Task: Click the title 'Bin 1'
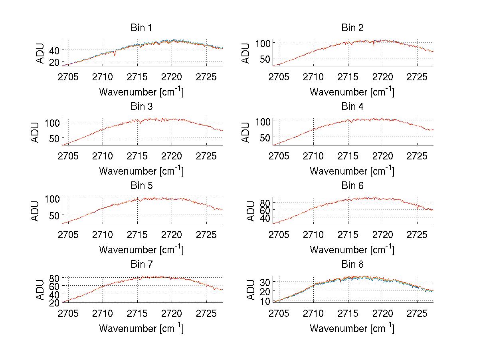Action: [141, 28]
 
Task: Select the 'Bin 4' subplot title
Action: [352, 107]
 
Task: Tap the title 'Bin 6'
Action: [352, 185]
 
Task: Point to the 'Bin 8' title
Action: [352, 264]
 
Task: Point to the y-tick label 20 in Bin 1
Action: [54, 62]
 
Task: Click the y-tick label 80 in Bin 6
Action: [265, 203]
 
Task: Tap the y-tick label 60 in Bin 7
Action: [54, 286]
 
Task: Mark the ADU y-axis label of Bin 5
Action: [36, 211]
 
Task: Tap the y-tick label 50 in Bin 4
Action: [265, 137]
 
